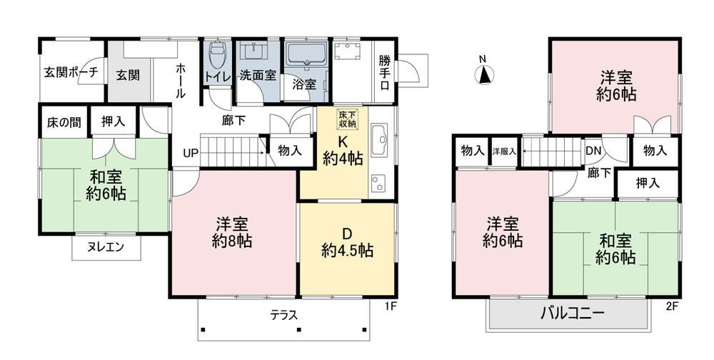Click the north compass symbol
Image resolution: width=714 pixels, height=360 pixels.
(484, 75)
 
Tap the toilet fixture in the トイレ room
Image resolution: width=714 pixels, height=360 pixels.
(216, 55)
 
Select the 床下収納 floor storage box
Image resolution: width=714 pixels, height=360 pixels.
(348, 119)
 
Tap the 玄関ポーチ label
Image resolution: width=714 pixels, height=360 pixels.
(71, 73)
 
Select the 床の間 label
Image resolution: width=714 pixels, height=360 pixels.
(64, 123)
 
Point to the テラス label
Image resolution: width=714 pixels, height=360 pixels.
(283, 315)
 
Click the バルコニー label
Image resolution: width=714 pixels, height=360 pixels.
(573, 314)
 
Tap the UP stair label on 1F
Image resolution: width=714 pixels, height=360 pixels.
(191, 154)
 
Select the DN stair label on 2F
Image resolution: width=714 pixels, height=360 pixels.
(593, 151)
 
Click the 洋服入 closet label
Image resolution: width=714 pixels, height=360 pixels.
(504, 151)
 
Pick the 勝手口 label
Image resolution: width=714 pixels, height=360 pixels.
(384, 72)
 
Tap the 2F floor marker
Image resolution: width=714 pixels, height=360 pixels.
(672, 306)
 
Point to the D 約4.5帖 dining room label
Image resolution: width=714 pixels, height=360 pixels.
(347, 242)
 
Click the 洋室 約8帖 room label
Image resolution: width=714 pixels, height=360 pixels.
(232, 232)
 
